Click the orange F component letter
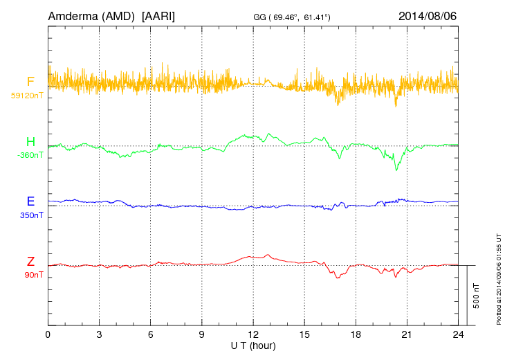tap(30, 82)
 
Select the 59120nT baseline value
tap(26, 95)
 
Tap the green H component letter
tap(30, 143)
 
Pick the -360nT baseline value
tap(30, 155)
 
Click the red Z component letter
tap(30, 262)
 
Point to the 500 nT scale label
tap(477, 296)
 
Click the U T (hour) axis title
tap(252, 344)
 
